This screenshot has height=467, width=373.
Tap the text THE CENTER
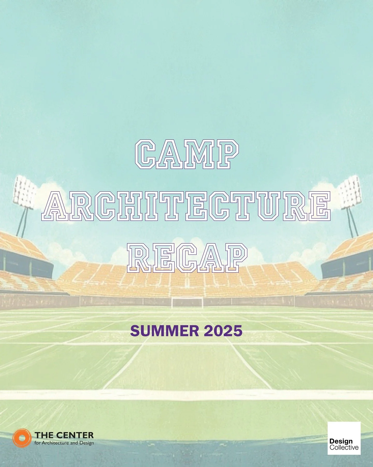point(64,435)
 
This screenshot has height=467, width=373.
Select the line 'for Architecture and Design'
point(64,443)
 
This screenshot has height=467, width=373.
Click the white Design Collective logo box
point(344,438)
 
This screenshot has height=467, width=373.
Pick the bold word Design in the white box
point(341,441)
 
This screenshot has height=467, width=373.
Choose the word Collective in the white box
point(344,447)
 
